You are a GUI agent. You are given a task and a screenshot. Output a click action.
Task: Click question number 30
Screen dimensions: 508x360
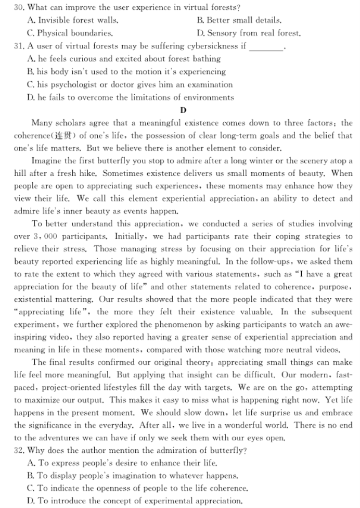[x=19, y=8]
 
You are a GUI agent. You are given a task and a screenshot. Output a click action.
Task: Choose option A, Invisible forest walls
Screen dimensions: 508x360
[x=72, y=21]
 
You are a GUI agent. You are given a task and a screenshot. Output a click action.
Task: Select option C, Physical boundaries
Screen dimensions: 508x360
[x=70, y=33]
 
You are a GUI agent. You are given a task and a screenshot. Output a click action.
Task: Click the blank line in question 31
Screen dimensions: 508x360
[x=267, y=46]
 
